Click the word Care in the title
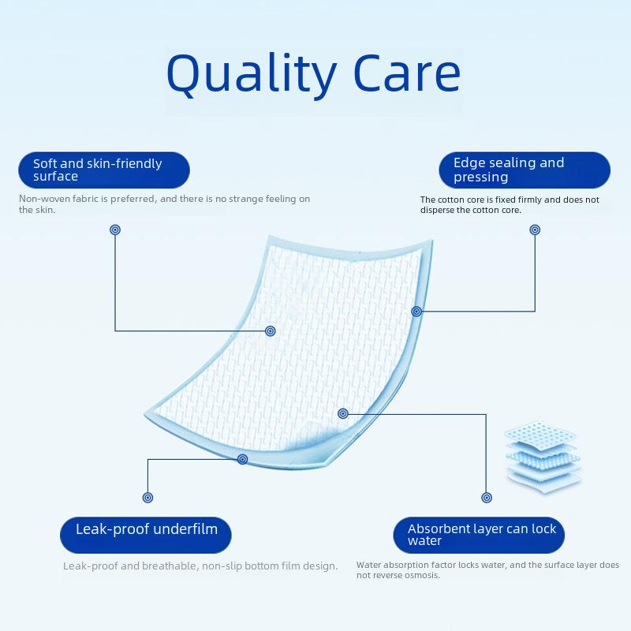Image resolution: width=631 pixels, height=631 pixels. (407, 73)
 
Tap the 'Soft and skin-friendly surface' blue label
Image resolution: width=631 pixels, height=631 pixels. (104, 170)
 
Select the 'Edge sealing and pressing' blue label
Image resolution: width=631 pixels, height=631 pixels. (525, 170)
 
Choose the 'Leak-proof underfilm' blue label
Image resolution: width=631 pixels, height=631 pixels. (146, 535)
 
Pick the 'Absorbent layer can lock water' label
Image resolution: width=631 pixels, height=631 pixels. (479, 535)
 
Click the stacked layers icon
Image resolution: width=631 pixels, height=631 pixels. (543, 457)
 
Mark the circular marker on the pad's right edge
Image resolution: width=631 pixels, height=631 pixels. (416, 311)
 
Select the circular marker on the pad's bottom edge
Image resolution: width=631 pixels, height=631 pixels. (242, 459)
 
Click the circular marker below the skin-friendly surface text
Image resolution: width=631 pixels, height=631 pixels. (115, 230)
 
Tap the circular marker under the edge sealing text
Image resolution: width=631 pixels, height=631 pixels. (535, 230)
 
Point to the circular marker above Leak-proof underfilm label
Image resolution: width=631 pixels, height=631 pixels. (147, 498)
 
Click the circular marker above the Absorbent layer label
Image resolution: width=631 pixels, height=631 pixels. (487, 498)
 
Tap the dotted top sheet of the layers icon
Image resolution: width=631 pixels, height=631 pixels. (540, 432)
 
